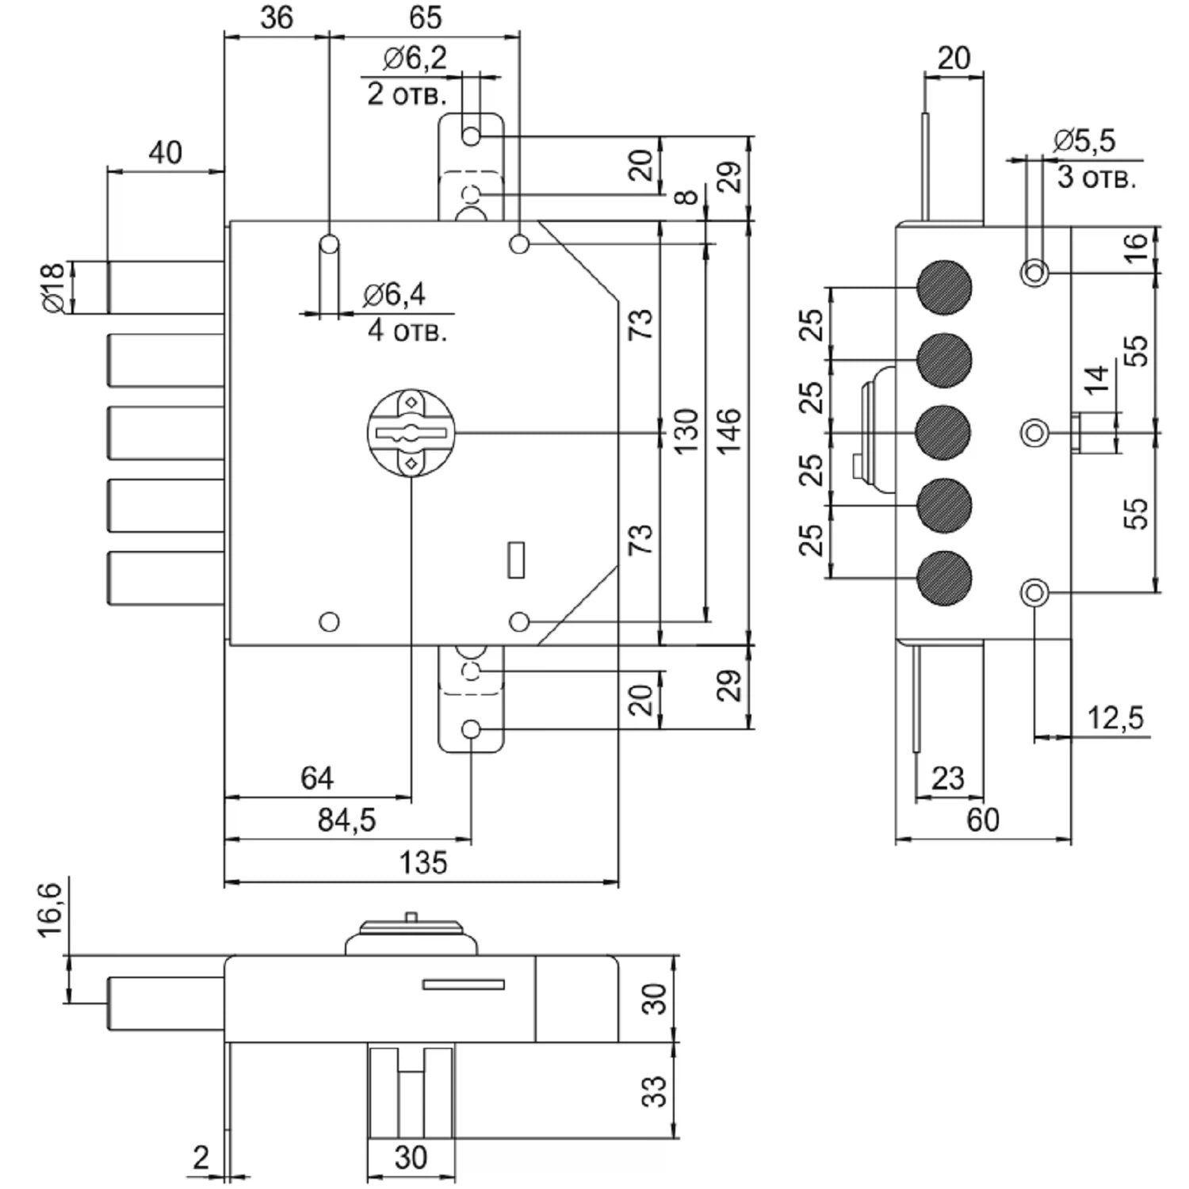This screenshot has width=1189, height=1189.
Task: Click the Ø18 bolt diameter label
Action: [x=52, y=289]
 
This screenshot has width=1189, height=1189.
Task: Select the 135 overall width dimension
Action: [x=423, y=862]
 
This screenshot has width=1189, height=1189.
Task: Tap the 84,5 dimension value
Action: [x=346, y=820]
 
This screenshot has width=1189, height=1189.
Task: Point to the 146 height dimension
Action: [x=728, y=431]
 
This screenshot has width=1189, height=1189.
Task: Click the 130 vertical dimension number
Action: [x=686, y=431]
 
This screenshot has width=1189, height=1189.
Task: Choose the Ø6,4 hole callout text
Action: [x=394, y=295]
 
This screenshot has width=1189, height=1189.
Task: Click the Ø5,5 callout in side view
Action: [x=1084, y=141]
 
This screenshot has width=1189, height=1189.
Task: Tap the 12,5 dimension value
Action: [x=1115, y=718]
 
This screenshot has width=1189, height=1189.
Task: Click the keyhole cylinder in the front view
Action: [x=411, y=433]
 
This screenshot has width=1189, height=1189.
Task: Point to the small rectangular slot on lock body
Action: [x=516, y=560]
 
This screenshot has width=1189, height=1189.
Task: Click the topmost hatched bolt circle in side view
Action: [x=943, y=287]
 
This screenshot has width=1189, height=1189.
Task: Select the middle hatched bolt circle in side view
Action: [x=943, y=433]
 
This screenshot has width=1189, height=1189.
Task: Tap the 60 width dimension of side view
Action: [x=983, y=820]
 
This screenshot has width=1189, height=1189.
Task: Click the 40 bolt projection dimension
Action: [x=165, y=152]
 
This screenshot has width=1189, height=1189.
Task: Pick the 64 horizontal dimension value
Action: [x=317, y=778]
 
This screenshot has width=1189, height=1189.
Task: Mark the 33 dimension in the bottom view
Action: [x=654, y=1091]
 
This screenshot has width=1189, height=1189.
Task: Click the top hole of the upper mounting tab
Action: [x=471, y=136]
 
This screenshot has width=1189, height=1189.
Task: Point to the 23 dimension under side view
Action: [x=948, y=778]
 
